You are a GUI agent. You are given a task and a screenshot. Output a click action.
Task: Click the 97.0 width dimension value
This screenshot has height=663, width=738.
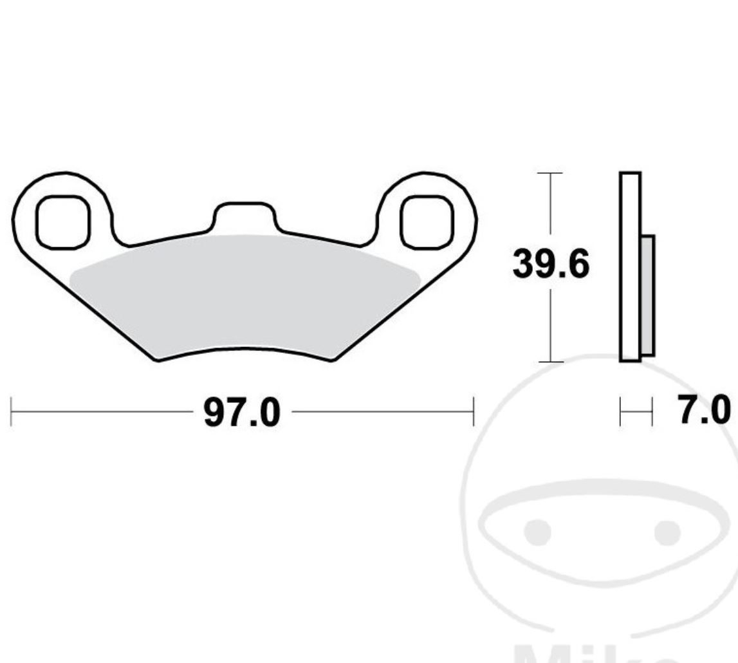(x=242, y=413)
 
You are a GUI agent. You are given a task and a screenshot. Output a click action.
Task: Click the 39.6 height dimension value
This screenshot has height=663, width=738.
(x=550, y=265)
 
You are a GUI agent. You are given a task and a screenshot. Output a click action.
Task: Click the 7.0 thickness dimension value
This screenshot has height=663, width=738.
(x=704, y=411)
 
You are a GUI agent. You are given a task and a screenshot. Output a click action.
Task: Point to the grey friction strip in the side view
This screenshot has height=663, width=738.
(x=647, y=295)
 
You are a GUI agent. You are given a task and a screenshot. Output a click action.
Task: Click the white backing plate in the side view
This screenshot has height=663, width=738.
(x=630, y=267)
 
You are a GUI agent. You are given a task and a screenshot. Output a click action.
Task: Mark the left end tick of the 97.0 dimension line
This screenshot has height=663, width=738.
(x=12, y=412)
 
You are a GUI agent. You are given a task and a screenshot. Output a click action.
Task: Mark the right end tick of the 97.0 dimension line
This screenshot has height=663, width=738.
(x=474, y=412)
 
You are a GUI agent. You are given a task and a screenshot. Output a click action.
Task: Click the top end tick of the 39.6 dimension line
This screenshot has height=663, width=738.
(x=549, y=173)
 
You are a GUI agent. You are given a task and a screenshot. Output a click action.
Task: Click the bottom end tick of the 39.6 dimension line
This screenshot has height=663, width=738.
(x=549, y=362)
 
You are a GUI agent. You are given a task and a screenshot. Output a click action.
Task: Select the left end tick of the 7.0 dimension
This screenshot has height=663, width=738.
(x=620, y=412)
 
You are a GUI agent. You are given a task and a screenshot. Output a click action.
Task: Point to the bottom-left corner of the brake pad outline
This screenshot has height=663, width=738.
(x=158, y=360)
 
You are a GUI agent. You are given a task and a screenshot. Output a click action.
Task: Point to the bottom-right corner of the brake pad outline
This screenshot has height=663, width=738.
(x=332, y=360)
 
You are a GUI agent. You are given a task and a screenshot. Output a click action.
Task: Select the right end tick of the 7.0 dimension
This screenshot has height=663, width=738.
(x=652, y=412)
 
